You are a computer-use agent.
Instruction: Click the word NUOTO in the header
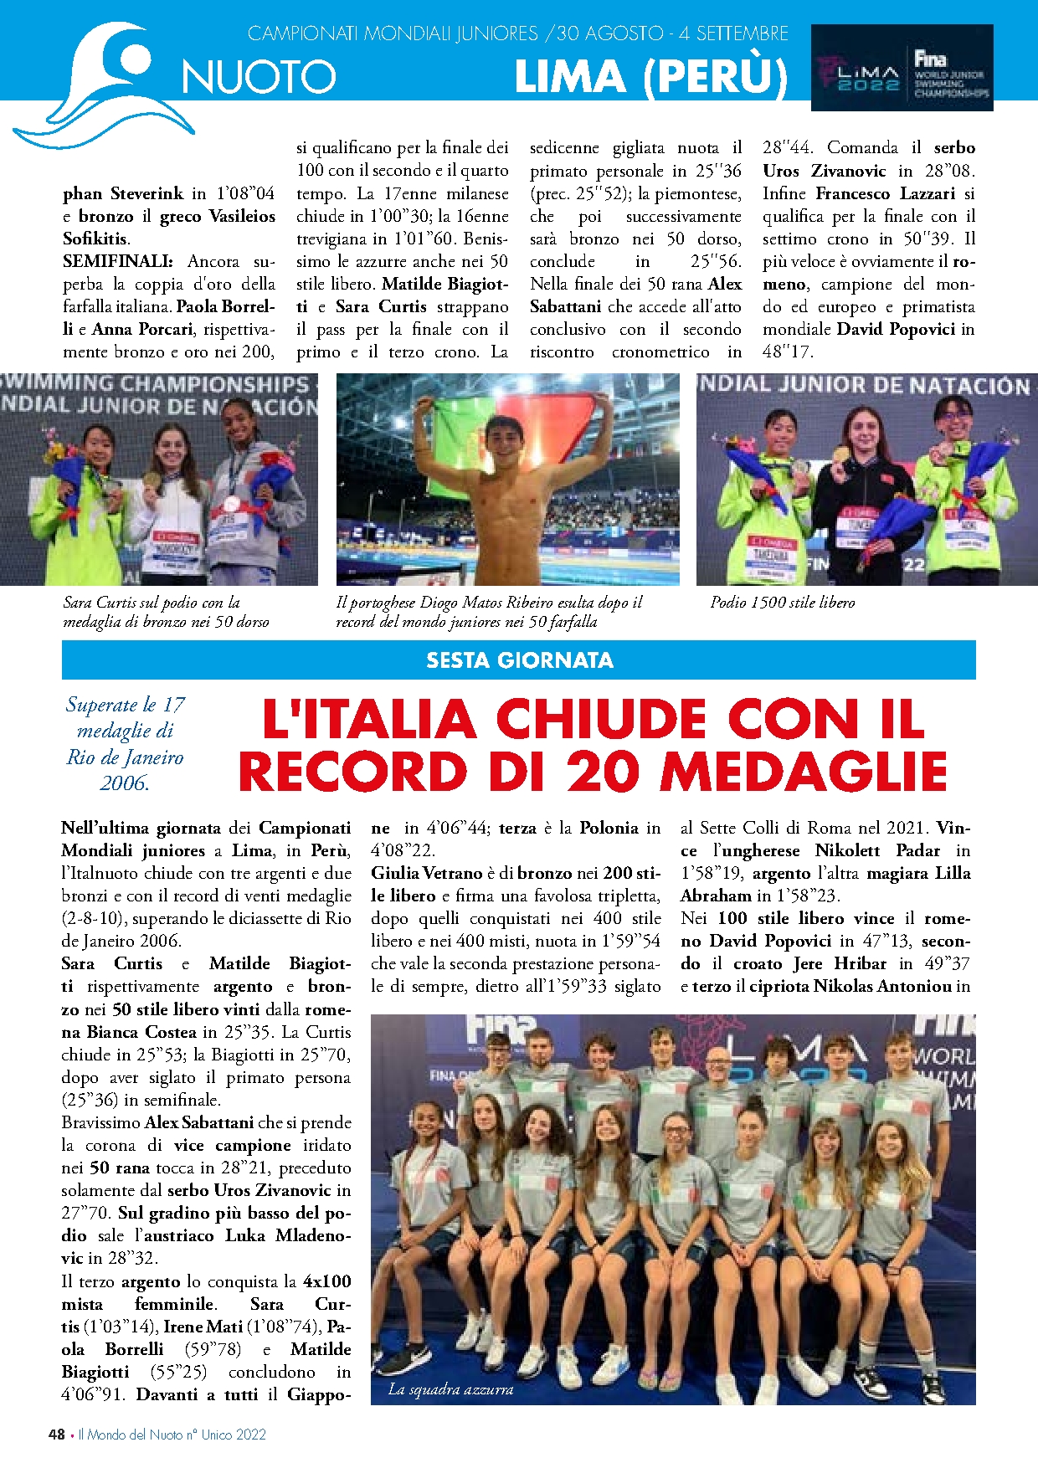click(259, 78)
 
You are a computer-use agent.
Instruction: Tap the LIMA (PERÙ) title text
click(650, 78)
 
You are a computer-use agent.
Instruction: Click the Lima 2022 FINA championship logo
click(902, 69)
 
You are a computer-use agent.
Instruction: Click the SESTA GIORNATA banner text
click(519, 660)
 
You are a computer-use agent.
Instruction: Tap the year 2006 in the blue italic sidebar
click(124, 783)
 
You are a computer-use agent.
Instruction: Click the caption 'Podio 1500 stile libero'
click(783, 603)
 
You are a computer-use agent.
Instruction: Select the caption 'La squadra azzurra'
click(450, 1389)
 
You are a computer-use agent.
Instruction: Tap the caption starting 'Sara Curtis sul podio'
click(166, 612)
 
